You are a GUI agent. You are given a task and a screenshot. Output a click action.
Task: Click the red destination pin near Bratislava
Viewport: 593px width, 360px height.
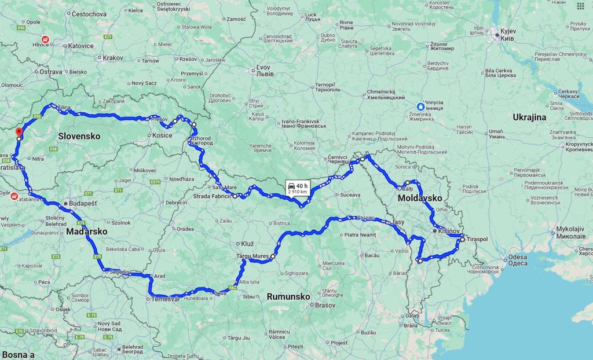(x=19, y=132)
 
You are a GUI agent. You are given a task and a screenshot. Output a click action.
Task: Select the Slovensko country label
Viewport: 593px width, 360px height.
(x=79, y=136)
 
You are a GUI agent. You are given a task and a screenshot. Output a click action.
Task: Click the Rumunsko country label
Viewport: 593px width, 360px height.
(x=288, y=296)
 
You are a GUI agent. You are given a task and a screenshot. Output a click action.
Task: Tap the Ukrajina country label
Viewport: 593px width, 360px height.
(x=529, y=117)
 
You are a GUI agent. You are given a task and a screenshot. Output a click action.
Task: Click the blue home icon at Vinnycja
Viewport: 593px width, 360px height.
(x=420, y=106)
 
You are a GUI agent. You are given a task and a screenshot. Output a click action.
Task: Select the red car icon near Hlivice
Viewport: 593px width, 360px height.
(x=53, y=39)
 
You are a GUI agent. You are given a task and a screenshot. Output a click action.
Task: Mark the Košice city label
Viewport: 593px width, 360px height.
(x=162, y=135)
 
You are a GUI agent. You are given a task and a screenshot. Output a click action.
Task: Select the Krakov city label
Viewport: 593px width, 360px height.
(x=113, y=58)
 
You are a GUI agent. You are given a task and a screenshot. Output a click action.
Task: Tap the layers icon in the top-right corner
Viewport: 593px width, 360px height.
(x=580, y=6)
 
